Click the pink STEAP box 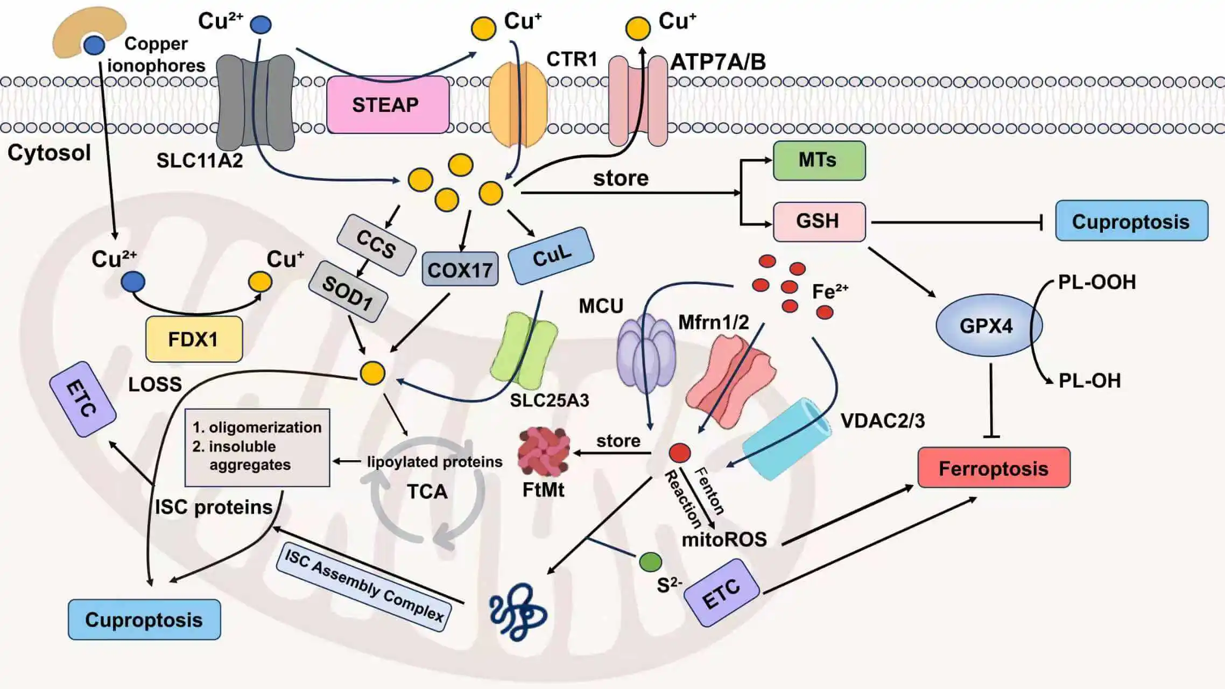pos(388,104)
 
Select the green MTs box pos(819,160)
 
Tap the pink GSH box pos(819,221)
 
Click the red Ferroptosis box pos(994,468)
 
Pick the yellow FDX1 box pos(194,339)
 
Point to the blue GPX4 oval pos(988,325)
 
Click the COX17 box pos(460,269)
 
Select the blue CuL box pos(551,256)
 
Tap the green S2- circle pos(650,562)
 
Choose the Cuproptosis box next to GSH pos(1131,221)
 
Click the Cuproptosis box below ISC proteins pos(144,620)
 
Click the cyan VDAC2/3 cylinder pos(786,439)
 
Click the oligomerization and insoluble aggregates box pos(257,447)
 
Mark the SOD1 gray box pos(348,292)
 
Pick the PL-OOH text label pos(1096,282)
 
